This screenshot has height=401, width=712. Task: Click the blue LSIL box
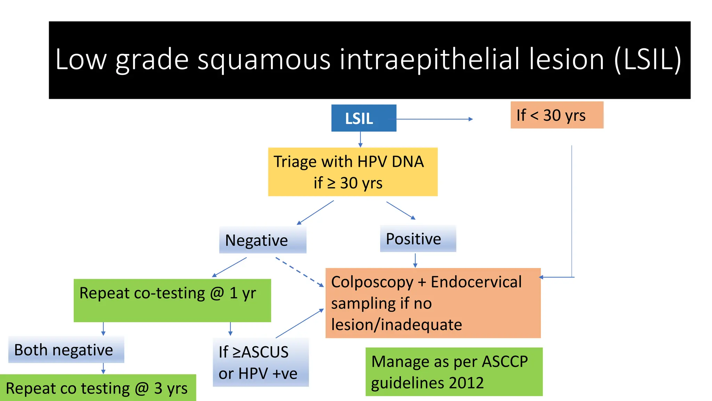pos(363,118)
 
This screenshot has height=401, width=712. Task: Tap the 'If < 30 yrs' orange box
pos(557,115)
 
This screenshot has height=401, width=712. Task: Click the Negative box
pos(262,240)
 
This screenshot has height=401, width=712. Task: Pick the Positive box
pos(418,239)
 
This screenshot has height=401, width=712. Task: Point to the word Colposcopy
pos(372,282)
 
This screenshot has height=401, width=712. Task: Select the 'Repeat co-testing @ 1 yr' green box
pos(172,300)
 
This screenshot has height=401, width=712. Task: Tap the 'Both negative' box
pos(66,350)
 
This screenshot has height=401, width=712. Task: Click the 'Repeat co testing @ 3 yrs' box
pos(97,388)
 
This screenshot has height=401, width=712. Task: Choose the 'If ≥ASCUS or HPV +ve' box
pos(260,362)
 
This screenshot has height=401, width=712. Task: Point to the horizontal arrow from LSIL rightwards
pos(435,119)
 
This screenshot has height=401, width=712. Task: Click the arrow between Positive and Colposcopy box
pos(415,260)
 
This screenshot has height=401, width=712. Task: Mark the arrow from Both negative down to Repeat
pos(103,368)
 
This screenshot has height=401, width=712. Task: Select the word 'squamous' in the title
pos(264,60)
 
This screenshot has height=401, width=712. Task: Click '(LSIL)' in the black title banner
pos(647,60)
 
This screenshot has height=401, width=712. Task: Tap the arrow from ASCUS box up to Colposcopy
pos(300,323)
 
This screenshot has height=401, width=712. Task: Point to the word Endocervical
pos(476,282)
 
